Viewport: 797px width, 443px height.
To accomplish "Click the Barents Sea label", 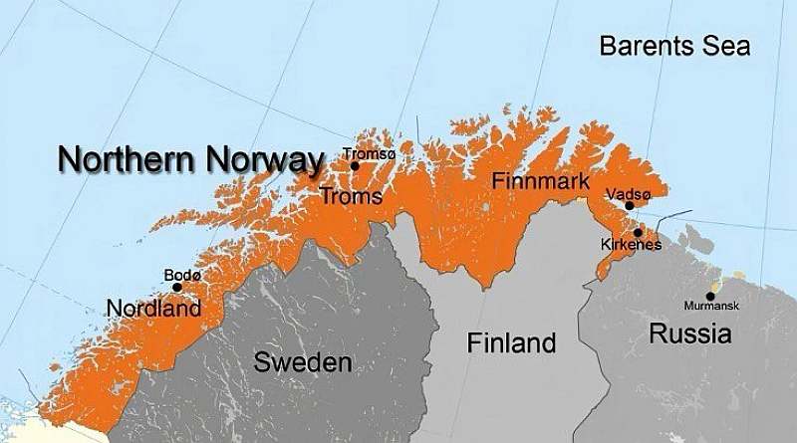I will (x=674, y=47).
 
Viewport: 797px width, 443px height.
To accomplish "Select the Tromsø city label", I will (x=369, y=153).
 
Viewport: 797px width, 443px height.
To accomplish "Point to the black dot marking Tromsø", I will (x=355, y=165).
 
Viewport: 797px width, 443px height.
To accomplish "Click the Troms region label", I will (x=351, y=197).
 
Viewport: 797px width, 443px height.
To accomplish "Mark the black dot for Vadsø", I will (x=629, y=206).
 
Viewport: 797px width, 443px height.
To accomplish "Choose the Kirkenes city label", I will (x=631, y=245).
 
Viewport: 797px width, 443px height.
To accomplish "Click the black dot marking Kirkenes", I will (x=638, y=232).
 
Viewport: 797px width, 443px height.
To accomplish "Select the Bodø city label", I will (x=183, y=274).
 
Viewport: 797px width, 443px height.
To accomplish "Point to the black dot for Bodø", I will (x=177, y=287).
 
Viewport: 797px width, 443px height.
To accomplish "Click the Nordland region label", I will (x=154, y=309).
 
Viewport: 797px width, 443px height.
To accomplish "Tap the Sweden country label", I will (x=303, y=362).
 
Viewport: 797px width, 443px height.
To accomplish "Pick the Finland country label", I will (x=511, y=343).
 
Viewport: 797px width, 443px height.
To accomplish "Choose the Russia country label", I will (x=690, y=333).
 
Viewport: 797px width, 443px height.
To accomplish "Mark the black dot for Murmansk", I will (x=710, y=296).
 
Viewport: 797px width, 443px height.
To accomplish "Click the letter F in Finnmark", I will (x=498, y=182).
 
